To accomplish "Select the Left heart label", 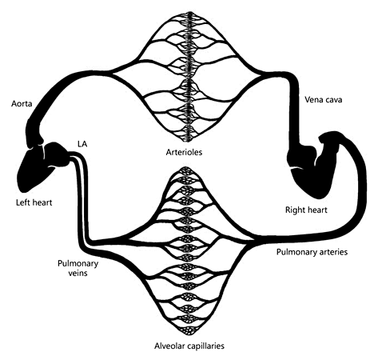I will click(x=34, y=202).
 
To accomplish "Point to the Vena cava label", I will click(x=324, y=101).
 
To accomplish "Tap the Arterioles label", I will click(x=183, y=152).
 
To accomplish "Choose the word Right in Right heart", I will click(x=297, y=210).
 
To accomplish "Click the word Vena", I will click(x=313, y=101).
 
